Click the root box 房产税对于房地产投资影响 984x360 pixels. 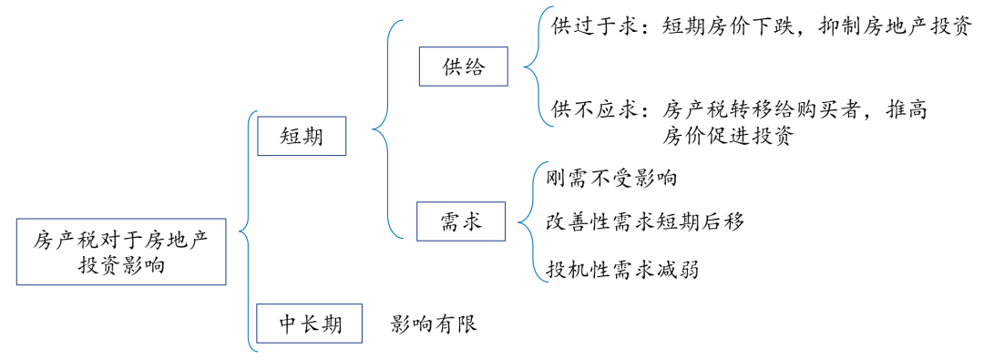[121, 252]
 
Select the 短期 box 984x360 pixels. [301, 137]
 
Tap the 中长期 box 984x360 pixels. [311, 324]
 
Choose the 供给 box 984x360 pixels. [464, 67]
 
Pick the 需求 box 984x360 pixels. [460, 221]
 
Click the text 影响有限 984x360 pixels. [434, 324]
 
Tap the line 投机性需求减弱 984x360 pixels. [623, 270]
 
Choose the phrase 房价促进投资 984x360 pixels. [728, 137]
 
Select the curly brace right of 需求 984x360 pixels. [528, 221]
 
